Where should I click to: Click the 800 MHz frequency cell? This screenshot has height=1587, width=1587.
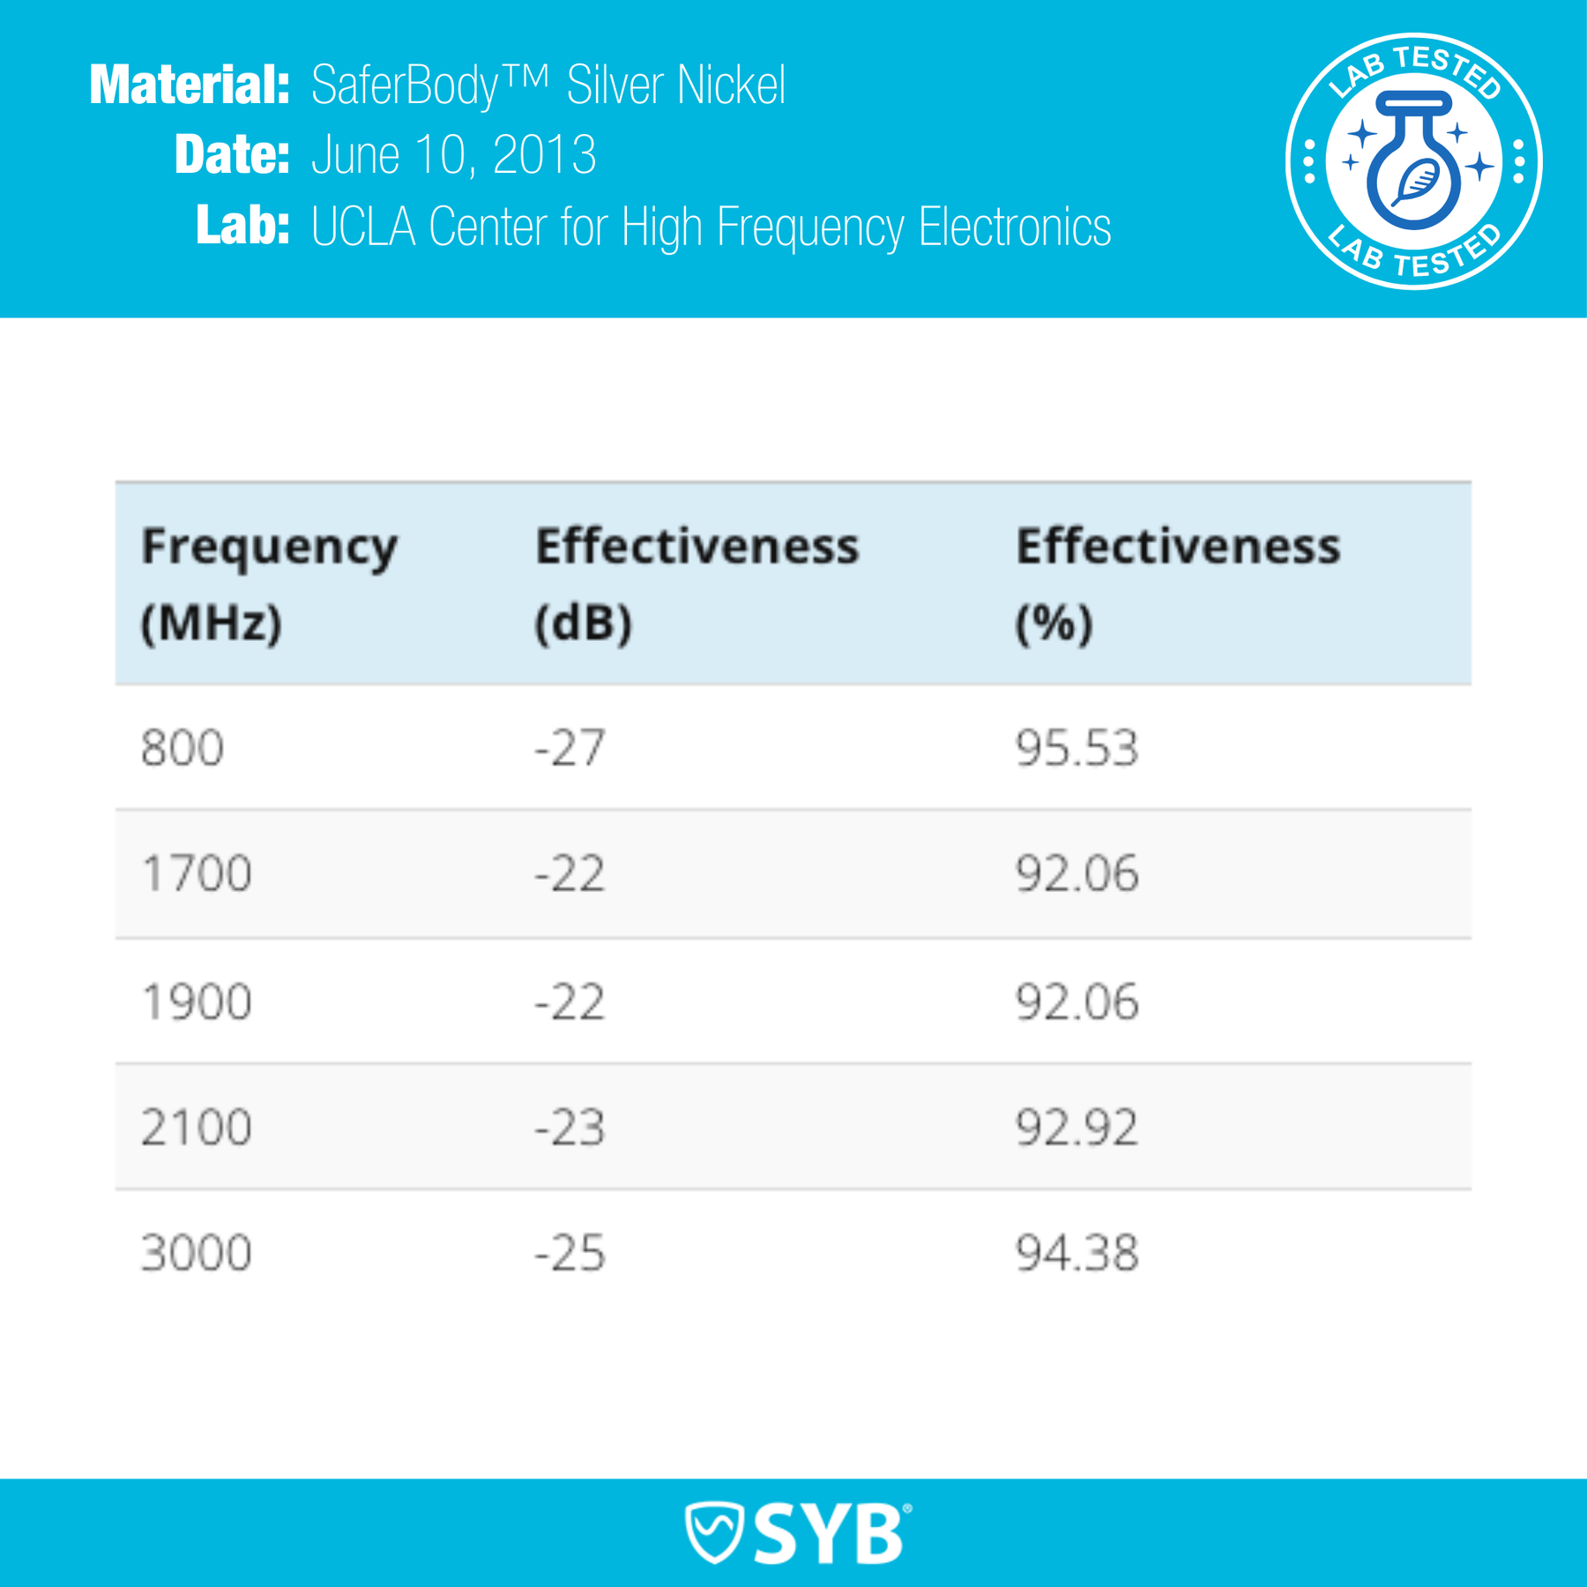tap(183, 748)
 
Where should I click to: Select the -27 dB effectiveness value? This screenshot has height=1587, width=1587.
tap(570, 748)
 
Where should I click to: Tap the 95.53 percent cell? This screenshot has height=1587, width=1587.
tap(1077, 748)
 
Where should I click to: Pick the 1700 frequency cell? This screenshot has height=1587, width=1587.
tap(197, 874)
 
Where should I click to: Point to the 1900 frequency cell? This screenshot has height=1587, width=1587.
tap(197, 1002)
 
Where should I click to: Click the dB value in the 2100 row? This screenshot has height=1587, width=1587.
tap(570, 1127)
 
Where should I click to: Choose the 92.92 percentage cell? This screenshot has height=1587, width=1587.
tap(1077, 1127)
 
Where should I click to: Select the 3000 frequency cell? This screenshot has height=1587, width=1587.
tap(197, 1253)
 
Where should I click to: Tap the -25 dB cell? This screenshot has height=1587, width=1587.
tap(570, 1253)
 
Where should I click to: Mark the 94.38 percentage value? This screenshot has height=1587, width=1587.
tap(1077, 1253)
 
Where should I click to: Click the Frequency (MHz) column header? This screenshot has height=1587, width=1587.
tap(269, 584)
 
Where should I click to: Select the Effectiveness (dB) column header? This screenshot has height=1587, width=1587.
tap(697, 584)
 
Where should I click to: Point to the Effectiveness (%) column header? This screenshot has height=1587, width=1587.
tap(1178, 584)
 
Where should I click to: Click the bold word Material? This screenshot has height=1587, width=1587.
tap(190, 86)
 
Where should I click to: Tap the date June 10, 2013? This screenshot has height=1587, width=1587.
tap(454, 155)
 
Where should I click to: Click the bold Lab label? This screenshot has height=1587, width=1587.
tap(242, 226)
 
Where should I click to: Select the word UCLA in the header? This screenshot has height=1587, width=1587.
tap(363, 227)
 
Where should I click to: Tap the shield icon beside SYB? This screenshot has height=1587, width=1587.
tap(715, 1532)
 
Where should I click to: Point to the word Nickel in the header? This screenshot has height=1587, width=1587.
tap(731, 86)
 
